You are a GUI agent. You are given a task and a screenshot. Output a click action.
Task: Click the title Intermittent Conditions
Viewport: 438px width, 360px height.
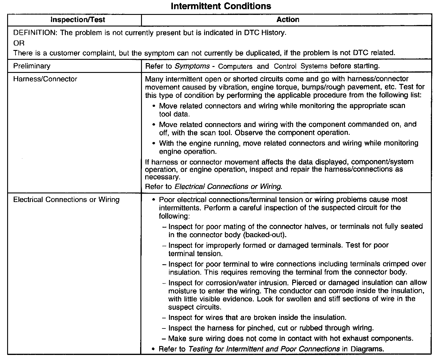point(221,6)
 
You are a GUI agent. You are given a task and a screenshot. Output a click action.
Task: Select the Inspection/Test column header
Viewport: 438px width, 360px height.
point(78,20)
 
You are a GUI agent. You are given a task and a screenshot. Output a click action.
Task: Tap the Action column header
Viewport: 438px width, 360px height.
point(288,20)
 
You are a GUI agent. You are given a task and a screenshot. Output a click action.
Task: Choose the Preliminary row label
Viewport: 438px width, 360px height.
point(32,66)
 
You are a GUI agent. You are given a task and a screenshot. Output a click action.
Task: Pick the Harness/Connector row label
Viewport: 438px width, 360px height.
point(45,79)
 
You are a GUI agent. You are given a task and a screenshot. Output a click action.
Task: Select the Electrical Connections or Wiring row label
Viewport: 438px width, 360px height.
point(66,200)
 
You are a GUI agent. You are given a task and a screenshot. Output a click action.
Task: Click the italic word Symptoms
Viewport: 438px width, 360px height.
point(192,66)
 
